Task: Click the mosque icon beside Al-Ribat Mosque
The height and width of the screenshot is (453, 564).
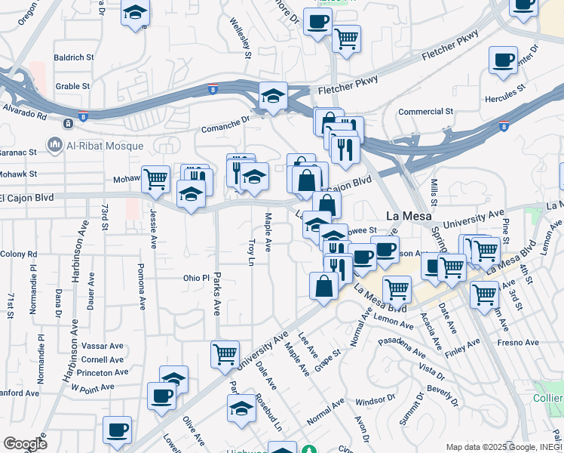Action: [54, 143]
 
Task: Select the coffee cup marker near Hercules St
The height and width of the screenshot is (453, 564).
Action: [503, 61]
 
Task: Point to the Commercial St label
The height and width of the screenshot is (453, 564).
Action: [425, 111]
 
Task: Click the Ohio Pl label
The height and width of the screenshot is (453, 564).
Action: [195, 278]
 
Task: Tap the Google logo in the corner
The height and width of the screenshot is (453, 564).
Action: [25, 444]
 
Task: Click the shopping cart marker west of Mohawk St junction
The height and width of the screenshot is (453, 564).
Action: [155, 180]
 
